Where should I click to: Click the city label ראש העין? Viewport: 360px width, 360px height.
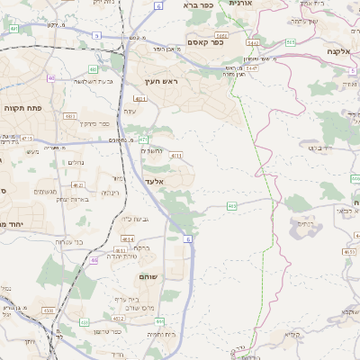pos(165,82)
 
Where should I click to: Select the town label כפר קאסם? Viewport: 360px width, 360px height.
pos(204,41)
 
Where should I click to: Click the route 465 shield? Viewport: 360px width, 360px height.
pos(232,206)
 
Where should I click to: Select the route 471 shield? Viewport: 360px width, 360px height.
pos(143,139)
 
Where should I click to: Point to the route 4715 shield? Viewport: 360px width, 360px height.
pos(27,138)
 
